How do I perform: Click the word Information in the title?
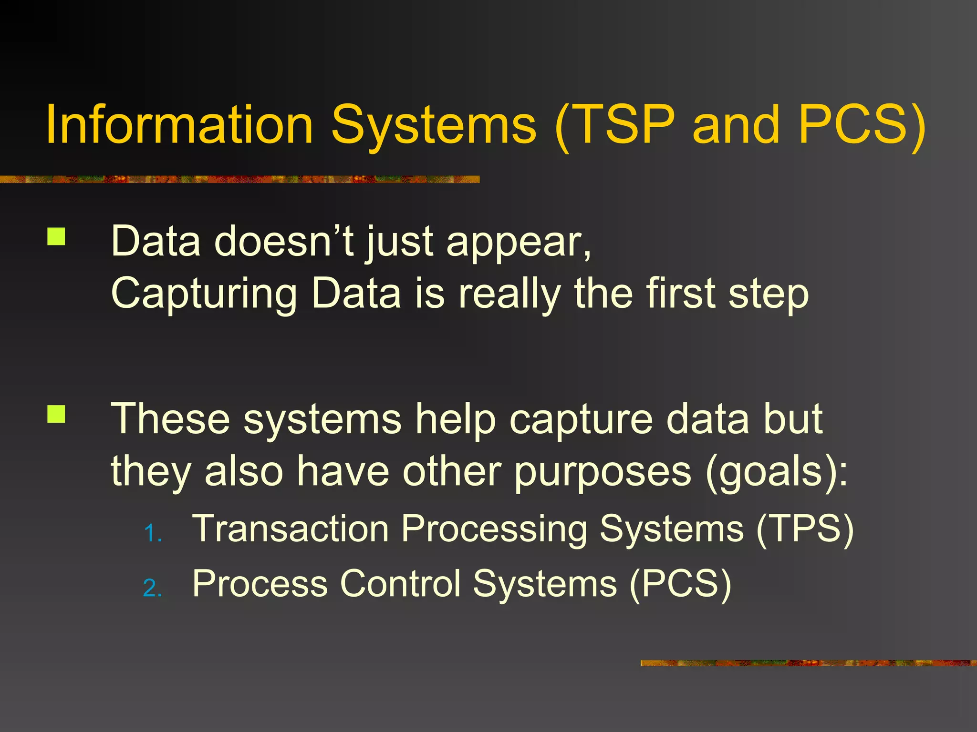point(179,125)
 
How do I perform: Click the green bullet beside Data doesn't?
point(56,237)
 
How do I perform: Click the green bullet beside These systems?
point(56,414)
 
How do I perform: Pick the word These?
point(170,419)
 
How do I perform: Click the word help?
point(455,419)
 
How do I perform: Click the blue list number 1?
point(152,534)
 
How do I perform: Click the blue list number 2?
point(152,589)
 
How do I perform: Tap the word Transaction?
point(291,529)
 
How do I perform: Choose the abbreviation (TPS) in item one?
point(805,529)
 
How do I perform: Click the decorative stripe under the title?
point(239,179)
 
